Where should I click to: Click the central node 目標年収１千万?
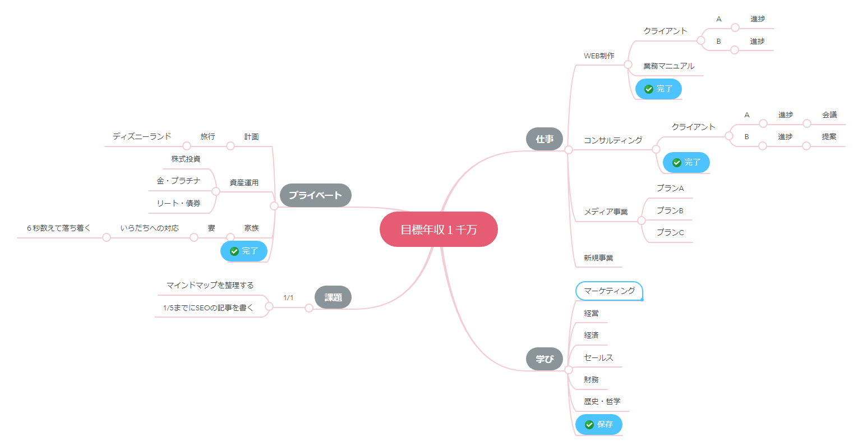tap(439, 229)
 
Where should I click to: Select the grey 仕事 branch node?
tap(544, 139)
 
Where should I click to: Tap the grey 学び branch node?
tap(544, 359)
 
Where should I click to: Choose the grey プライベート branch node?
tap(315, 195)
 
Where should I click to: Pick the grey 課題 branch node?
tap(333, 297)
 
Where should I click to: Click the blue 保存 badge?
tap(599, 424)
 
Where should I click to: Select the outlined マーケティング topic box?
tap(609, 291)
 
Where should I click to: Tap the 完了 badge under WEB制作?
tap(658, 89)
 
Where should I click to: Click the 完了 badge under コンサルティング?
tap(686, 162)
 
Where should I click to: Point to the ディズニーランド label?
tap(142, 136)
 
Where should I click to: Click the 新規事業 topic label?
tap(598, 258)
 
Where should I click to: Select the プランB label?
tap(670, 210)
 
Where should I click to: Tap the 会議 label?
tap(829, 114)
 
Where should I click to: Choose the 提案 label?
tap(829, 136)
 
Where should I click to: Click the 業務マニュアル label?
tap(668, 66)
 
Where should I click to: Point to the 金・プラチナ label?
tap(178, 181)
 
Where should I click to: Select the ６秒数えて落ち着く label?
tap(59, 228)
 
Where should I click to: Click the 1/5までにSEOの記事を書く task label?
tap(208, 308)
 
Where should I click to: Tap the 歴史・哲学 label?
tap(602, 401)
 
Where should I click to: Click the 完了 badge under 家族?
tap(244, 251)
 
